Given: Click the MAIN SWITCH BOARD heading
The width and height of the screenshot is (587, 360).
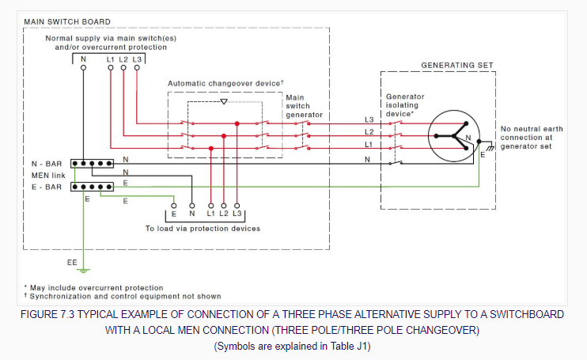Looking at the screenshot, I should (66, 21).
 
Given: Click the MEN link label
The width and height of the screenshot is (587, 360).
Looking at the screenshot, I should (48, 175).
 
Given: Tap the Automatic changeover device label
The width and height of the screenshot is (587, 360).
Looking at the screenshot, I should (225, 83).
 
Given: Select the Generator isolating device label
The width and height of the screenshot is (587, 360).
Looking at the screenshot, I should (405, 105).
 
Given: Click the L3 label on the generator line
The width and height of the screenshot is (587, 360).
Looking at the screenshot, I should (368, 120).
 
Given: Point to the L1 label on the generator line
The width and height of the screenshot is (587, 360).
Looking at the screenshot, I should (368, 145).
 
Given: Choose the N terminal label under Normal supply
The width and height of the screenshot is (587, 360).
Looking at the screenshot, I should (83, 59).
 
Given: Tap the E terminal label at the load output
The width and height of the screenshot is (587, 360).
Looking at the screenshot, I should (174, 214).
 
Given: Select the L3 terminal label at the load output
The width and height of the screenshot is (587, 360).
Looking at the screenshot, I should (237, 214).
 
